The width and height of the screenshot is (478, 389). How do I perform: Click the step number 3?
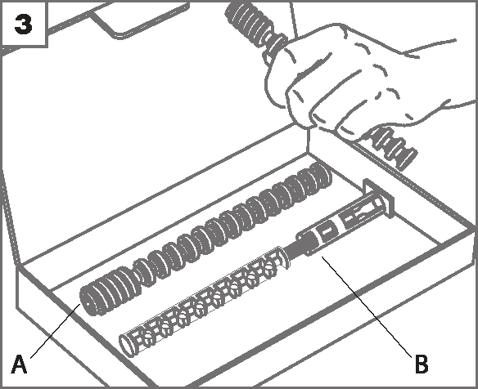pyautogui.click(x=23, y=25)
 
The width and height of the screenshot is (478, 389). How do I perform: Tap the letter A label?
pyautogui.click(x=19, y=364)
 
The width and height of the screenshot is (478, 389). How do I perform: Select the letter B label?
pyautogui.click(x=422, y=364)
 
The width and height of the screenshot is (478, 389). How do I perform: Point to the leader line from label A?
pyautogui.click(x=56, y=331)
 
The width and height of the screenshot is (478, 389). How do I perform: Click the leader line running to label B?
pyautogui.click(x=367, y=306)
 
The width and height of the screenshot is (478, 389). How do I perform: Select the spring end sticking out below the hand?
pyautogui.click(x=393, y=148)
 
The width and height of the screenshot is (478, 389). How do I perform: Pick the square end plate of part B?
pyautogui.click(x=379, y=198)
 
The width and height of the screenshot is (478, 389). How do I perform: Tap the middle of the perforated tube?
pyautogui.click(x=204, y=302)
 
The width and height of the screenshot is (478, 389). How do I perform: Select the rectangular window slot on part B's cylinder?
pyautogui.click(x=327, y=231)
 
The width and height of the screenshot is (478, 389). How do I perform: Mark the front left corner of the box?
pyautogui.click(x=18, y=268)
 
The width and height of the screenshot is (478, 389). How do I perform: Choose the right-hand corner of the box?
pyautogui.click(x=472, y=230)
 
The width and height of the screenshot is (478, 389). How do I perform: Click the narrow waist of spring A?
pyautogui.click(x=141, y=271)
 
